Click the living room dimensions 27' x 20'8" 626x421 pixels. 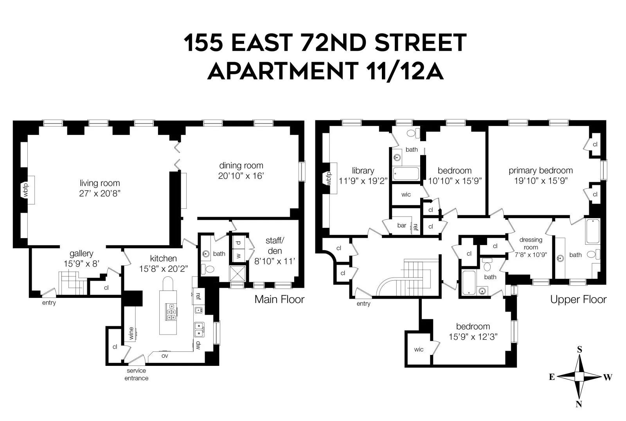pyautogui.click(x=99, y=193)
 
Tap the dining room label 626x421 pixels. pyautogui.click(x=241, y=165)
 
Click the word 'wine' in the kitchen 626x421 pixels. pyautogui.click(x=131, y=333)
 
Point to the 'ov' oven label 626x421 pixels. pyautogui.click(x=165, y=356)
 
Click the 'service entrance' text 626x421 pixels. pyautogui.click(x=136, y=374)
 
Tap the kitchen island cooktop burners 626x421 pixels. pyautogui.click(x=171, y=312)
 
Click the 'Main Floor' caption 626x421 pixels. pyautogui.click(x=279, y=299)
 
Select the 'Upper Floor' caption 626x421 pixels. pyautogui.click(x=578, y=299)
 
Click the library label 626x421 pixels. pyautogui.click(x=363, y=170)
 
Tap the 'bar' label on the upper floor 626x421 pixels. pyautogui.click(x=402, y=226)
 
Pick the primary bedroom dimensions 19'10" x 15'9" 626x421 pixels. pyautogui.click(x=541, y=181)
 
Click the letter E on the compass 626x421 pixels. pyautogui.click(x=552, y=377)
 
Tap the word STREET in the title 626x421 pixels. pyautogui.click(x=421, y=43)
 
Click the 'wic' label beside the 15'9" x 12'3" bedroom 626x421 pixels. pyautogui.click(x=419, y=349)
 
